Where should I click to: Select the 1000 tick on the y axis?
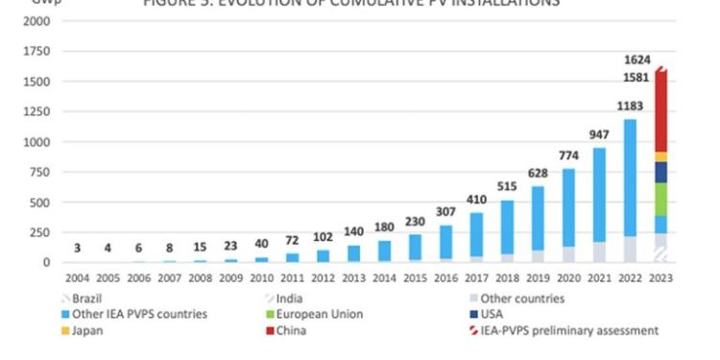[37, 142]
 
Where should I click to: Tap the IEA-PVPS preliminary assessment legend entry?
[566, 331]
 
